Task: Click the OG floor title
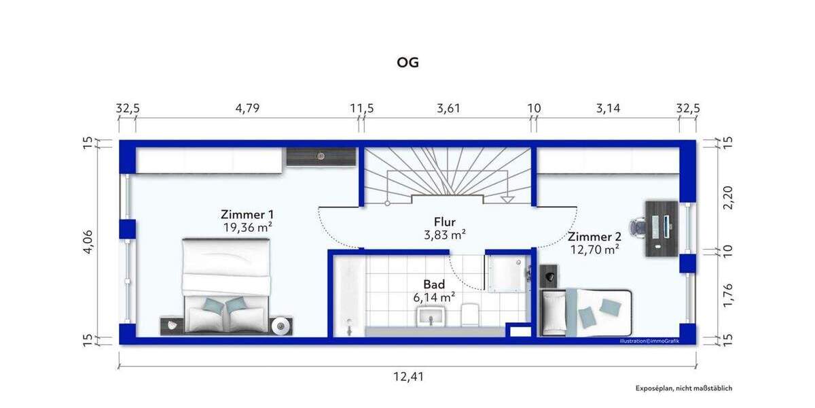click(x=407, y=63)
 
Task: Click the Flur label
click(x=445, y=222)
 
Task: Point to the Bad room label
click(x=434, y=284)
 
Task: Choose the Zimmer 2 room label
click(x=594, y=237)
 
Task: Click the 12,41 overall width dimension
click(x=407, y=376)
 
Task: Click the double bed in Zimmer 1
click(x=226, y=286)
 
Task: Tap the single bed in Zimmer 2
click(x=586, y=312)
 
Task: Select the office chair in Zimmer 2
click(x=638, y=226)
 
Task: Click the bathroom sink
click(x=431, y=316)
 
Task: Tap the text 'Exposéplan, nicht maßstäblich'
click(x=684, y=388)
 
